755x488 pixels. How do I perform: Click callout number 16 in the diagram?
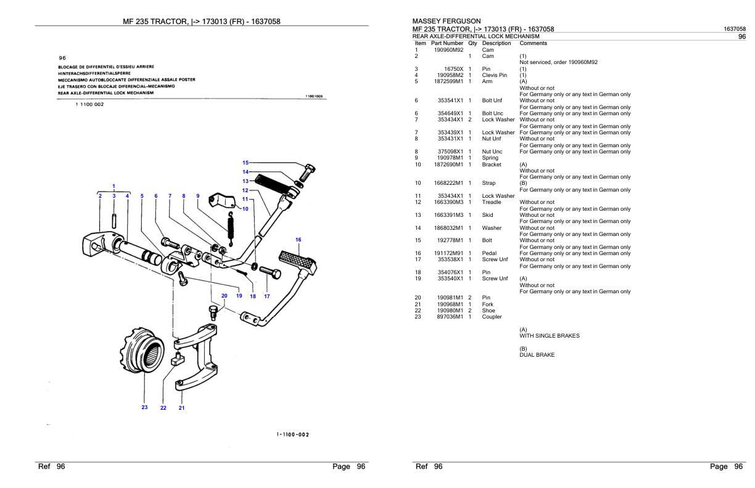(298, 239)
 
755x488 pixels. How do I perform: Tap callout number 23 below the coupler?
(144, 407)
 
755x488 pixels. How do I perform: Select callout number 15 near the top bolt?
(245, 163)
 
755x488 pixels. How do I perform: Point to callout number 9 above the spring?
(198, 196)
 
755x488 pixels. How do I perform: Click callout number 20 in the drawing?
(225, 296)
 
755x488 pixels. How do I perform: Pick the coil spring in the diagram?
(231, 226)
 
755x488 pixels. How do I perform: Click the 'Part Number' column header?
(448, 43)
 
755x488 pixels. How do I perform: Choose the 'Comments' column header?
(534, 43)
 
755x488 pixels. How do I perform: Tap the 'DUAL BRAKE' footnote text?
(537, 355)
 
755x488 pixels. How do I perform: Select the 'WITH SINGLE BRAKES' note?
(549, 336)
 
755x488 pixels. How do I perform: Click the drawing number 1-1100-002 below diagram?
(293, 434)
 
